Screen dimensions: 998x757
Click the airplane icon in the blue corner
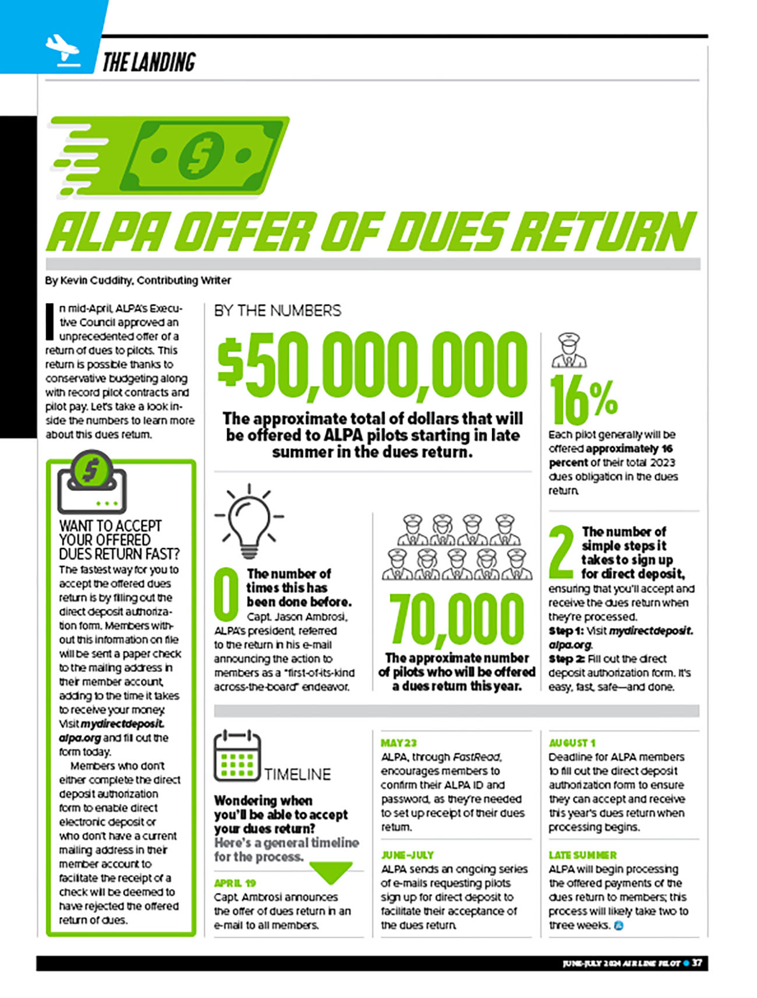(61, 49)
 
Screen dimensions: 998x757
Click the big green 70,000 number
(457, 619)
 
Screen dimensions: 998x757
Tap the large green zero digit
(227, 594)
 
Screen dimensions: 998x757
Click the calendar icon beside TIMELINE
(237, 756)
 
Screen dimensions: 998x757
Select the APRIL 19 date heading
(235, 883)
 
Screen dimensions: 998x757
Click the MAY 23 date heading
(399, 743)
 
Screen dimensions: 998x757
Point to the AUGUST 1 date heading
(572, 743)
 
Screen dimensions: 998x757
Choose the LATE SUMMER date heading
(582, 855)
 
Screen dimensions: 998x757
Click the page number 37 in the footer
(696, 963)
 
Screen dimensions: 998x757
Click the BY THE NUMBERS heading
(278, 310)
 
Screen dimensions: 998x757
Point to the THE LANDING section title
(149, 62)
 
